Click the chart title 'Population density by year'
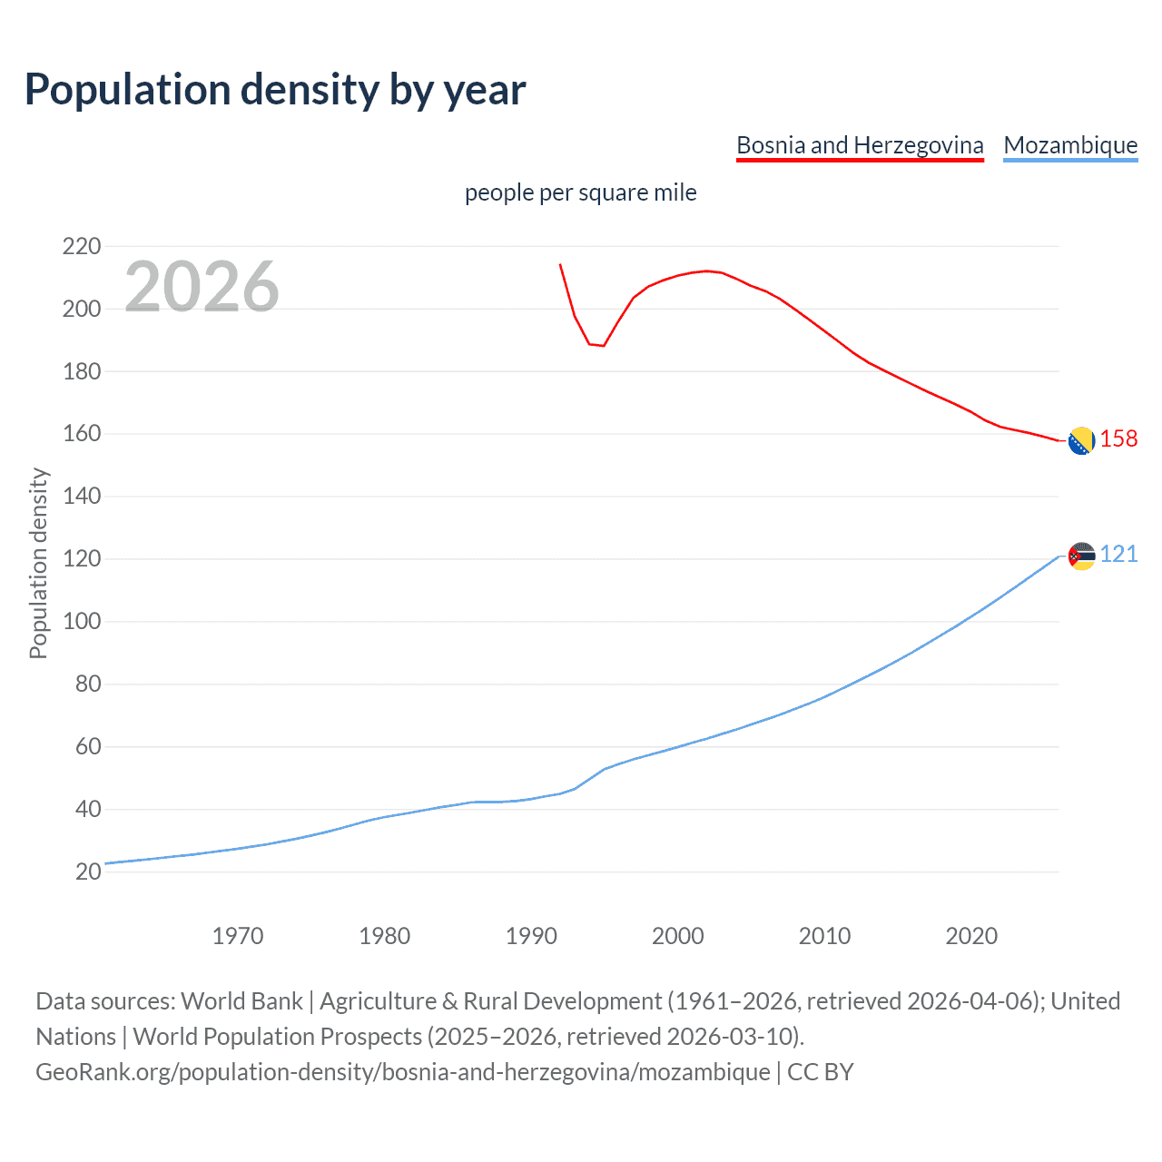(x=275, y=90)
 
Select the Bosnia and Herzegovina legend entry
(x=860, y=145)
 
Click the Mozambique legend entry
(x=1070, y=145)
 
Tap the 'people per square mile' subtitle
(x=580, y=192)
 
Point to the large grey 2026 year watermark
(x=202, y=287)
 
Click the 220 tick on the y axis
(x=82, y=246)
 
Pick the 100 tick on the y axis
(x=82, y=622)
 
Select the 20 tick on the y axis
(x=88, y=871)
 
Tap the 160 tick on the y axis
(x=82, y=434)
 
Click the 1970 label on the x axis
(x=238, y=936)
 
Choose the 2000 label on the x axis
(x=677, y=936)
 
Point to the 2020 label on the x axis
(x=971, y=936)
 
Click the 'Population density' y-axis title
(x=38, y=563)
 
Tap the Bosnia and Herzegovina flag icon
(x=1081, y=440)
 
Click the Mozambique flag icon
(x=1081, y=556)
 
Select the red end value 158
(x=1118, y=439)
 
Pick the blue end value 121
(x=1118, y=555)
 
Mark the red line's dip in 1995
(x=604, y=346)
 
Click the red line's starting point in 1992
(x=560, y=265)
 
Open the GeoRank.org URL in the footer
(x=403, y=1072)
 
